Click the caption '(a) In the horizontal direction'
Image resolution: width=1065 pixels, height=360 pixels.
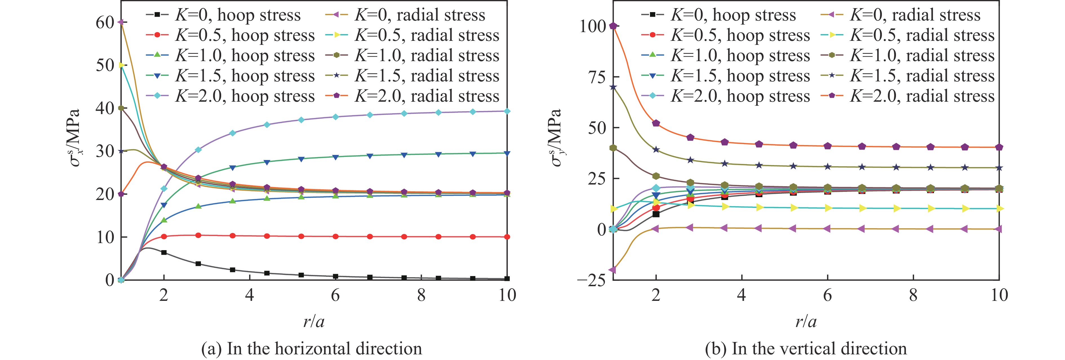point(311,348)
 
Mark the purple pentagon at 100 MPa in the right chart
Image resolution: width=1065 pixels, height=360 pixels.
point(613,26)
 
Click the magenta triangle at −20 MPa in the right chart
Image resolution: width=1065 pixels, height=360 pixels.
point(613,270)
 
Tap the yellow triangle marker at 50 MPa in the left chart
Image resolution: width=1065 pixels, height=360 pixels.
point(121,65)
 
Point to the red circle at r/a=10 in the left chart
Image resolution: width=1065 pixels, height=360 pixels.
point(507,237)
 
